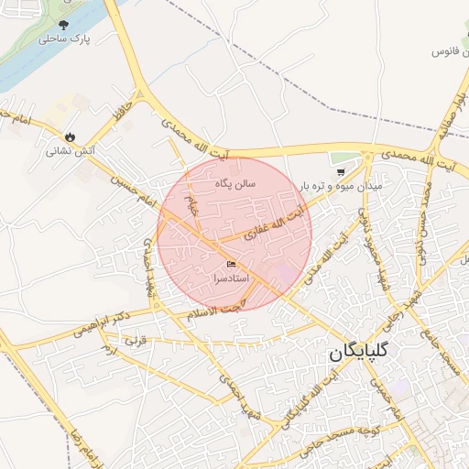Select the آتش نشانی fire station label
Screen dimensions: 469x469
click(x=72, y=150)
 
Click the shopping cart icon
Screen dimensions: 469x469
click(x=341, y=170)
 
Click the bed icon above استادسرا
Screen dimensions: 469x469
click(x=231, y=264)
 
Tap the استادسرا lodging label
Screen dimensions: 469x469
click(x=231, y=277)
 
